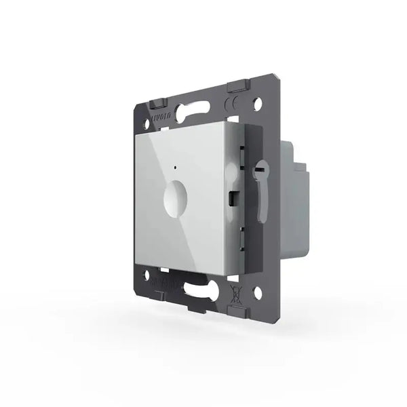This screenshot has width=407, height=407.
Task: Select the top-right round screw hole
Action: tap(258, 105)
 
